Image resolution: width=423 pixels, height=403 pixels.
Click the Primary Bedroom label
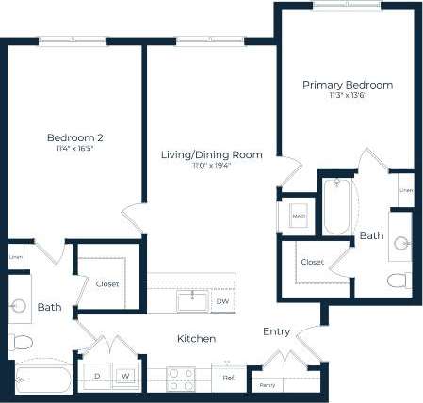tap(347, 85)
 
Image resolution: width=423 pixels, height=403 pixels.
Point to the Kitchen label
tap(197, 338)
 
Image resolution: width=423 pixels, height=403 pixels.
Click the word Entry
tap(277, 331)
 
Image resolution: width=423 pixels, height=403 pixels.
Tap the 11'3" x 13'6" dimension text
tap(347, 96)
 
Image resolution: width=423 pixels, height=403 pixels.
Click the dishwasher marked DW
tap(222, 301)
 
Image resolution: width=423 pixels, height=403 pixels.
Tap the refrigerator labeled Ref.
tap(228, 378)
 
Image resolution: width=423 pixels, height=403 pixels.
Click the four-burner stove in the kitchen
tap(180, 378)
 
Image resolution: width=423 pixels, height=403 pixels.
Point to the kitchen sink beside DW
tap(193, 300)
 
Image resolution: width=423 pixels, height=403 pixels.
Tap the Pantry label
tap(268, 385)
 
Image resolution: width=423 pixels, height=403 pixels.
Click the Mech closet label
tap(299, 216)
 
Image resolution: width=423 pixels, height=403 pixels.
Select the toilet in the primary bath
tap(399, 280)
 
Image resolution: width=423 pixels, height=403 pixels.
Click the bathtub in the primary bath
tap(337, 206)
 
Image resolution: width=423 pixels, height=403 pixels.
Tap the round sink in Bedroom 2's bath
tap(20, 305)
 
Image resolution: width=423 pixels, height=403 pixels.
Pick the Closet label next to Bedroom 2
tap(106, 283)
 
